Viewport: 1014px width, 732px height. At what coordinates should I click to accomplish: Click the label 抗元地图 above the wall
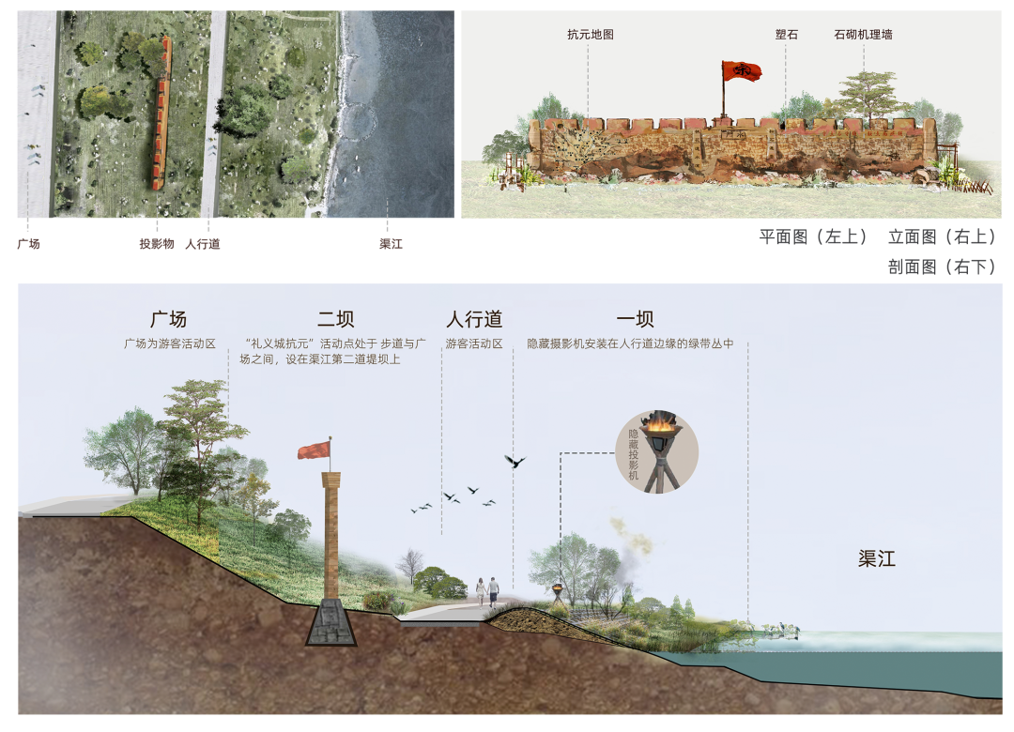point(590,35)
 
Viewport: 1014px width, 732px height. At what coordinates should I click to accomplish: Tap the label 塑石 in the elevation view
point(787,35)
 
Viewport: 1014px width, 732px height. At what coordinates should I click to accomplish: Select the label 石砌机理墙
point(863,35)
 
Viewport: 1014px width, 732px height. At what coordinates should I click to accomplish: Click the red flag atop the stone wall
point(741,70)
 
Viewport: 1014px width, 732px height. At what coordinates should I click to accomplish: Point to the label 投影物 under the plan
point(157,244)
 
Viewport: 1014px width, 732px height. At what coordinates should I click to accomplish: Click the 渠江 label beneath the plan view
point(391,244)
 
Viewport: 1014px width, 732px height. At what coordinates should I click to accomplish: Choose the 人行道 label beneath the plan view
point(203,244)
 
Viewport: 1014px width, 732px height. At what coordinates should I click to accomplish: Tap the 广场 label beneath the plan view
point(28,244)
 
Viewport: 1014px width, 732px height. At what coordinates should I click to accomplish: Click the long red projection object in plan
point(161,114)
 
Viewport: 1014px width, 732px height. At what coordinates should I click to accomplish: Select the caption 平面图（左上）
point(813,236)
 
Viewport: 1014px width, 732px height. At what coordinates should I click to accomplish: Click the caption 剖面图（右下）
point(942,267)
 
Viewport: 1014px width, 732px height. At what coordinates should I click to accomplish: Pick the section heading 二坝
point(335,319)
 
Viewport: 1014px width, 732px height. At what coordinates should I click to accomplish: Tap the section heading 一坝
point(635,319)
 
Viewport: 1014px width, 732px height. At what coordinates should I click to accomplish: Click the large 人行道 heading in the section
point(474,319)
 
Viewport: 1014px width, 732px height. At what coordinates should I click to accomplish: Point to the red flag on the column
point(314,450)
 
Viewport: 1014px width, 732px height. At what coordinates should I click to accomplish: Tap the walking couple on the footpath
point(487,591)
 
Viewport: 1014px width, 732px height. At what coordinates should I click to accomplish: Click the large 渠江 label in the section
point(877,558)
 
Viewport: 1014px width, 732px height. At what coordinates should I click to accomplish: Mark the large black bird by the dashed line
point(515,461)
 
